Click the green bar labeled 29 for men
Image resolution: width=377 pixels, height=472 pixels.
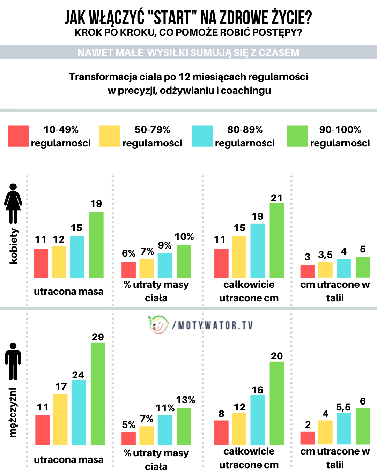tap(98, 393)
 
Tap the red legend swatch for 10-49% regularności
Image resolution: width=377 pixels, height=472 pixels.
tap(18, 136)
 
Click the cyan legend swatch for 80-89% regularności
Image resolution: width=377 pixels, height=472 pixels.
tap(202, 136)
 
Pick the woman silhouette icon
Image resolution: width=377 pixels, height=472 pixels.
tap(13, 203)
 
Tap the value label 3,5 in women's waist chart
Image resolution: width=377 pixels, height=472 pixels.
tap(325, 255)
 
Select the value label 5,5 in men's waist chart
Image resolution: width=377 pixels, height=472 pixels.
tap(343, 407)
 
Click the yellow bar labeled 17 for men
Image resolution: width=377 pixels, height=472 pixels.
tap(60, 419)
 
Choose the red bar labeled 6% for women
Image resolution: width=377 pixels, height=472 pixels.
tap(128, 270)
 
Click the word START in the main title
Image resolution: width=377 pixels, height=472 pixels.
tap(172, 17)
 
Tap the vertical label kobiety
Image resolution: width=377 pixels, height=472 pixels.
tap(13, 246)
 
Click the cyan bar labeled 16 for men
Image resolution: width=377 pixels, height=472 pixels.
tap(257, 420)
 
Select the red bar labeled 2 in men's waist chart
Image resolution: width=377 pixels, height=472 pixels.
tap(308, 438)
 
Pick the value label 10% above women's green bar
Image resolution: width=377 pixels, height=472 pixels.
tap(184, 237)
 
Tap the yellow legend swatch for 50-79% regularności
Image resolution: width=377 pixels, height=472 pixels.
tap(110, 136)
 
